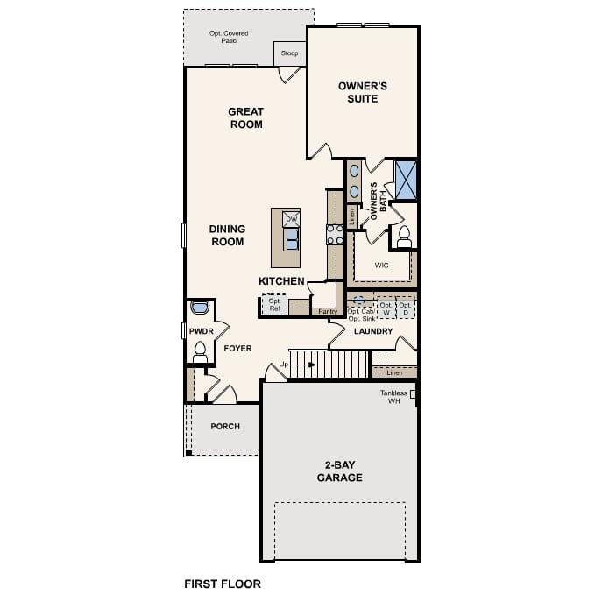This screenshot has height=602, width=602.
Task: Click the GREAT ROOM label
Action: (245, 118)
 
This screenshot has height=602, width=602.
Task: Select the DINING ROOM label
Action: (227, 235)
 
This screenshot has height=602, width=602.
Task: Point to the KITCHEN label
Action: (281, 281)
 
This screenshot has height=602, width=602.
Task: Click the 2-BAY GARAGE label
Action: (339, 471)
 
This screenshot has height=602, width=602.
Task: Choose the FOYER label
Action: (237, 349)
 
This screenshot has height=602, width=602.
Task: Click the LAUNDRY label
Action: (372, 332)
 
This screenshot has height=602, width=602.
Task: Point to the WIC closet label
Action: (381, 265)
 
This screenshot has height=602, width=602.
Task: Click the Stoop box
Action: (289, 53)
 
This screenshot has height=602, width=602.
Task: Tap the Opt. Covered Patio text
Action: (228, 37)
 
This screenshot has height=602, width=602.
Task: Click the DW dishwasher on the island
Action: (291, 219)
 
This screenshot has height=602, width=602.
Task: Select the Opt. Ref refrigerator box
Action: (274, 304)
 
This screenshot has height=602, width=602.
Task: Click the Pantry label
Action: (328, 311)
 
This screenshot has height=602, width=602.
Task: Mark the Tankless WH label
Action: (394, 397)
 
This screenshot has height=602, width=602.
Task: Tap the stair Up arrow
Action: (294, 364)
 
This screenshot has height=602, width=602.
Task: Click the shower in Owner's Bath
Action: (405, 179)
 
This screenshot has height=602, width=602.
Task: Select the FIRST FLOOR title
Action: (222, 583)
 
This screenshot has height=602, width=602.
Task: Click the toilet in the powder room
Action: (200, 351)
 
